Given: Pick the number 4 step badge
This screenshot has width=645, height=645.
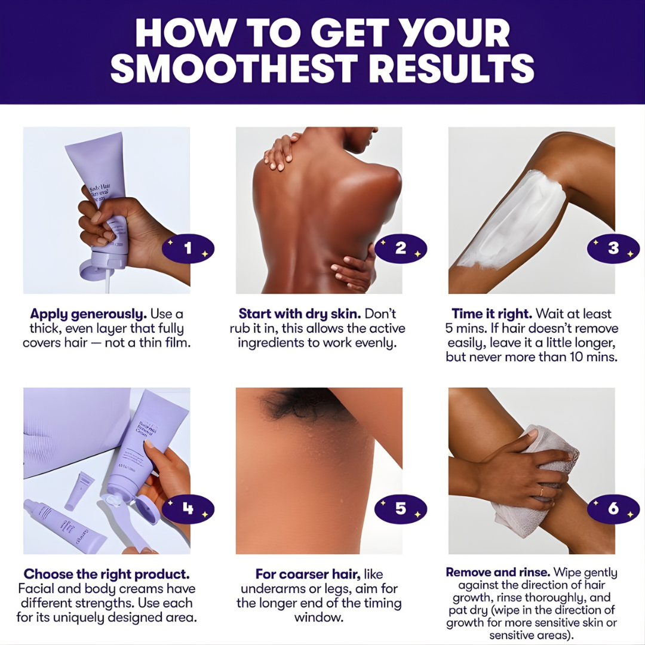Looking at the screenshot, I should coord(188,509).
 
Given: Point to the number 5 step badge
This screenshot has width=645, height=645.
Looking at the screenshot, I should coord(401,509).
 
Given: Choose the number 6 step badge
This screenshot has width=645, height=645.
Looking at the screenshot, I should coord(613,509).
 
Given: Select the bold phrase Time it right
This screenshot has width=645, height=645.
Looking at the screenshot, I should coord(492,314).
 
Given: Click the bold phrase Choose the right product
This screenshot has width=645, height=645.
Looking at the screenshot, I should coord(107,575).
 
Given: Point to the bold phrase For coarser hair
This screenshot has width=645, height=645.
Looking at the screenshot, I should coord(308,575).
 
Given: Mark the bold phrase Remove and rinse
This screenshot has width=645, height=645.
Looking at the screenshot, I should coord(496,573).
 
